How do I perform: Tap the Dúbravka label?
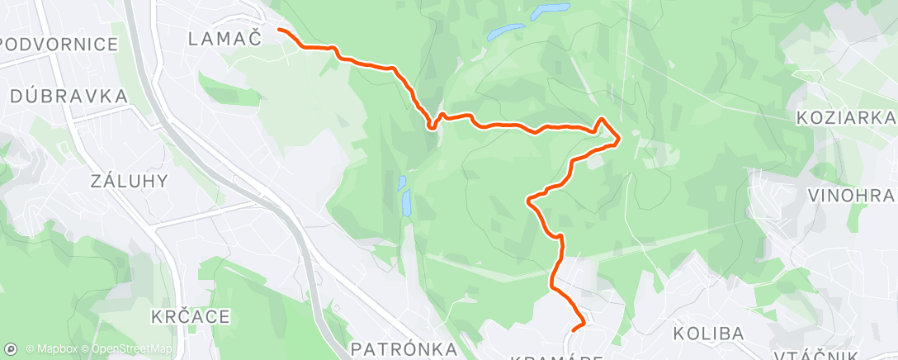pos(69,97)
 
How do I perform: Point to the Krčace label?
pos(191,316)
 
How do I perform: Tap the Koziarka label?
pos(846,118)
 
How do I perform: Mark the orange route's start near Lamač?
pos(278,30)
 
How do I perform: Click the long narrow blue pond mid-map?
pos(407,202)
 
